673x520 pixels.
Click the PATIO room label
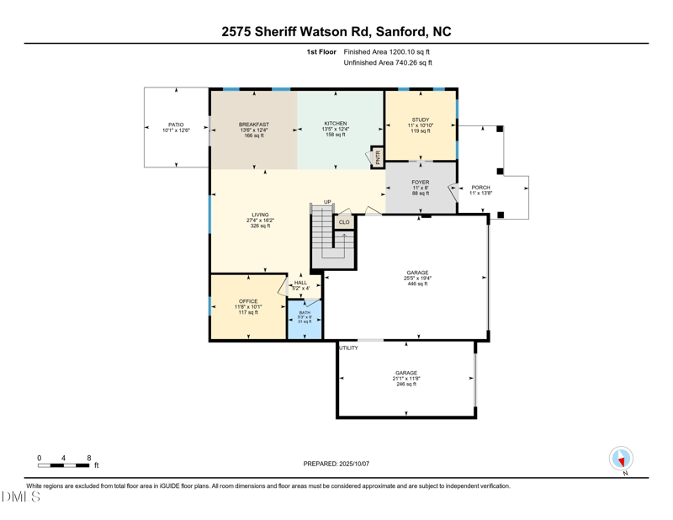176,125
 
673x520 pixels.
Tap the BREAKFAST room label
253,125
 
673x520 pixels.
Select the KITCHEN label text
336,124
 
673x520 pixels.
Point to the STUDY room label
421,119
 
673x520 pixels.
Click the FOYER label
421,183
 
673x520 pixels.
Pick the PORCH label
480,188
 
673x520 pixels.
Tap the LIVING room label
259,215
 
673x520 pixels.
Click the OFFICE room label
248,301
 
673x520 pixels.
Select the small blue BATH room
305,318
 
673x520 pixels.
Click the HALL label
300,283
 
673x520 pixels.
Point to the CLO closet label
344,222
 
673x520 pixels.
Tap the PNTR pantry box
378,157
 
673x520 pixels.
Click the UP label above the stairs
327,202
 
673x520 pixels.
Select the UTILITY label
348,348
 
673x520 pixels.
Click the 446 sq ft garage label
417,284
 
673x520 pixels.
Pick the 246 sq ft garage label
406,384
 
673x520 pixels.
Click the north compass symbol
621,459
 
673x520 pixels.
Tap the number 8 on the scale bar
89,459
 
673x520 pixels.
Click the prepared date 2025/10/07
352,464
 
